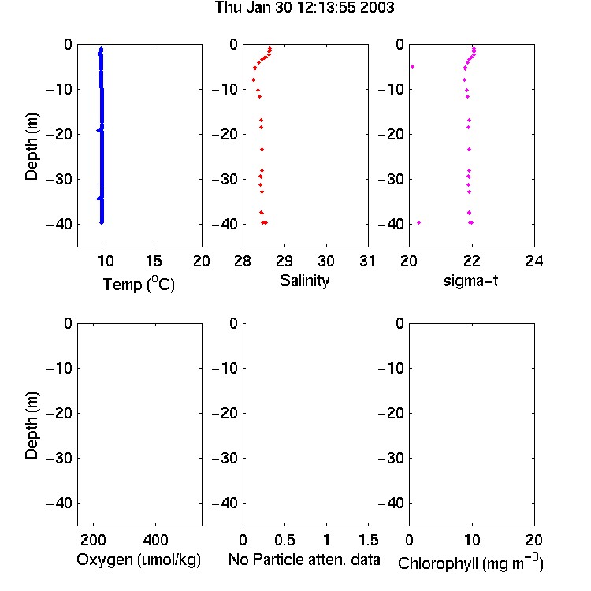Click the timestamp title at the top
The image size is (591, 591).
point(304,7)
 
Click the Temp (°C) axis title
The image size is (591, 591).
point(139,284)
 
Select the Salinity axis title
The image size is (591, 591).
point(304,281)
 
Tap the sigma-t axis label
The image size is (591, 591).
point(470,281)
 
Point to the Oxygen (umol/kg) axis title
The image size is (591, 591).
point(139,559)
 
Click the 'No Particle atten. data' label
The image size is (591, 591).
point(304,559)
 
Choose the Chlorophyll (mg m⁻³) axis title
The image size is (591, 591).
point(470,563)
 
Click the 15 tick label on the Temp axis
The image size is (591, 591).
point(154,261)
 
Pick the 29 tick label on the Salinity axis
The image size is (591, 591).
point(284,261)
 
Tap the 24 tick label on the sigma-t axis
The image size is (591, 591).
point(534,261)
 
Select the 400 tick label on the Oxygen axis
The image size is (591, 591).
point(156,540)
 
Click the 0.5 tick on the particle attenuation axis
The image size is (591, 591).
point(284,540)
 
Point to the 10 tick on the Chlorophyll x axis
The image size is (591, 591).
point(472,540)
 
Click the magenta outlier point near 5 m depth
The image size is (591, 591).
point(413,67)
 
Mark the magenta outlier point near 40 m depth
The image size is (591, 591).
point(418,223)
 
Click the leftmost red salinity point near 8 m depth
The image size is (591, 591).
point(253,80)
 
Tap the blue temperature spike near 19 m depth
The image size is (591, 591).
point(98,130)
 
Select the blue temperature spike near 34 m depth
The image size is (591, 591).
point(98,199)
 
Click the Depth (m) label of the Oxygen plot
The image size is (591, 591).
point(32,426)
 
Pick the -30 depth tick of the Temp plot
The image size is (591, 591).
point(59,179)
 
